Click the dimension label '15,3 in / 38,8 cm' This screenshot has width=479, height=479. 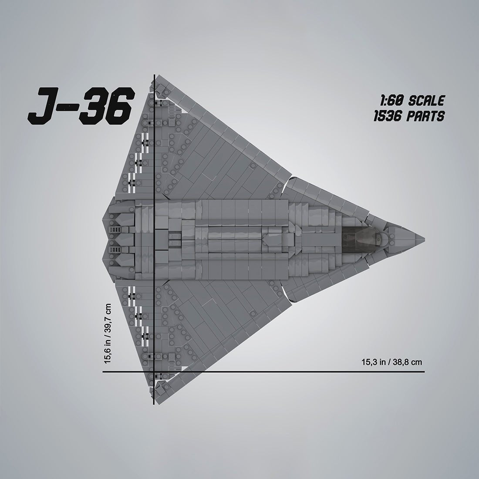click(391, 361)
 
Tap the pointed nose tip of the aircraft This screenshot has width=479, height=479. click(424, 239)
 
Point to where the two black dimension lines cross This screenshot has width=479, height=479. click(154, 372)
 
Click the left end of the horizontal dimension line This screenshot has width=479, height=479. click(103, 372)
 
